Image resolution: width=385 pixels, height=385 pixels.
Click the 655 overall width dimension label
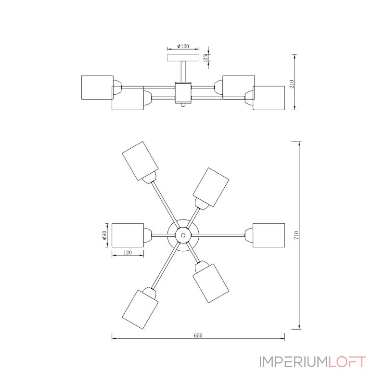click(x=198, y=335)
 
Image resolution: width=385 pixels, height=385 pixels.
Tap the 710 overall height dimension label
click(x=296, y=235)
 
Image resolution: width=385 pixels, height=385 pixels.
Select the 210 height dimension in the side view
click(x=292, y=84)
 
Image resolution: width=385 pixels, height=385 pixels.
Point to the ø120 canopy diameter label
click(x=183, y=46)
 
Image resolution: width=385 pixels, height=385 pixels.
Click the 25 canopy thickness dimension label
click(x=206, y=57)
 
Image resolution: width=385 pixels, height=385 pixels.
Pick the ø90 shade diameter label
click(x=104, y=235)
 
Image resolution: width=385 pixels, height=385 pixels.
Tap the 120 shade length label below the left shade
click(x=128, y=252)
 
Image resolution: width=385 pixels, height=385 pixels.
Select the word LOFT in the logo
click(x=346, y=362)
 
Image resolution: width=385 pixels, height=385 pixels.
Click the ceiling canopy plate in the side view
click(x=183, y=58)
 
